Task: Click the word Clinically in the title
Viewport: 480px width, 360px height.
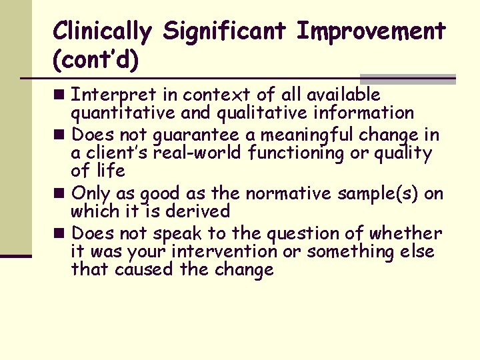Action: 102,31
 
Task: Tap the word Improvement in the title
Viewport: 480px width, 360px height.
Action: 371,31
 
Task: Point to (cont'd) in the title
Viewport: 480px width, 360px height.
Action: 96,60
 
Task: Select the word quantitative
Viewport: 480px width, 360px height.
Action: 117,113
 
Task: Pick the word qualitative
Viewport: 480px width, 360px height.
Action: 255,113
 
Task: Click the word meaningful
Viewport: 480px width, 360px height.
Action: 302,135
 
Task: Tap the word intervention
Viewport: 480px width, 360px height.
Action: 224,252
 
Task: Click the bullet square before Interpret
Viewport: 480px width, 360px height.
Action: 61,95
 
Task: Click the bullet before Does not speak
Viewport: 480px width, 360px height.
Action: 61,234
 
